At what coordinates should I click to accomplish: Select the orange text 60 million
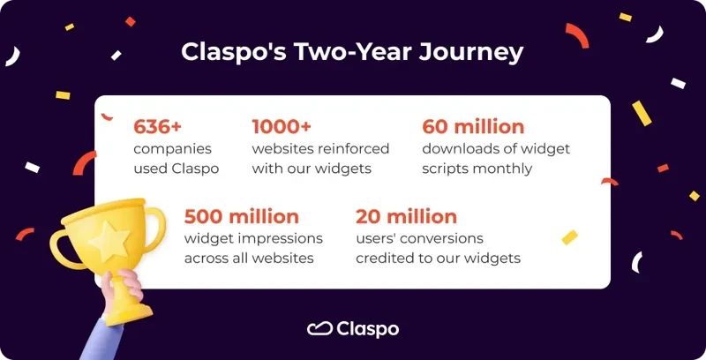coord(473,126)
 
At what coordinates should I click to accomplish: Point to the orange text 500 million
coord(241,216)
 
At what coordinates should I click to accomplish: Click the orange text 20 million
coord(406,216)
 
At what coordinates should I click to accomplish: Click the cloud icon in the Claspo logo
coord(319,329)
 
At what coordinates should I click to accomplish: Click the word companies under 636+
coord(172,148)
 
